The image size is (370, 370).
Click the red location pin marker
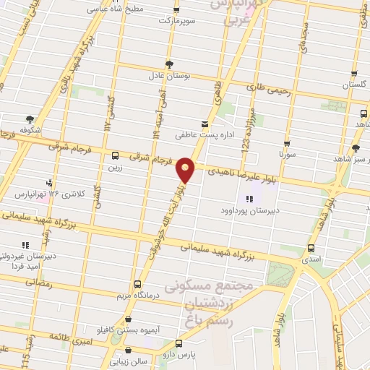click(186, 169)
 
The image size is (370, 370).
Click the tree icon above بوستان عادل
click(169, 64)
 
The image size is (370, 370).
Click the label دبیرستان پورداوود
click(249, 211)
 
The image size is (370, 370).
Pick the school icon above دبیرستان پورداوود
click(249, 199)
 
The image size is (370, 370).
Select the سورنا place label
click(287, 155)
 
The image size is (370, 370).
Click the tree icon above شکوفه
click(30, 119)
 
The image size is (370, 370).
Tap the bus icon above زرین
click(115, 155)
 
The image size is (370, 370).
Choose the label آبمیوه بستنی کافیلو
click(128, 330)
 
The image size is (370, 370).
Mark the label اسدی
click(311, 257)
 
